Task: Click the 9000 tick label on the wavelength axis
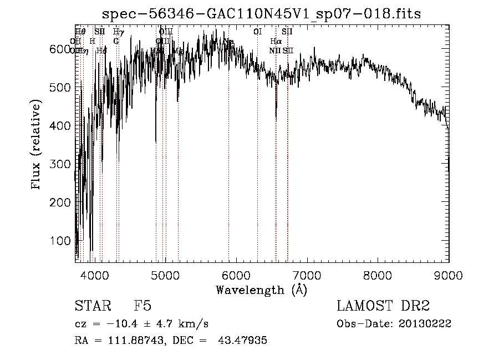[x=448, y=275]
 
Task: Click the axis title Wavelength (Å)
[x=262, y=290]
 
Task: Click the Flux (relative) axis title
[x=37, y=145]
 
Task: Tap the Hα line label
[x=276, y=41]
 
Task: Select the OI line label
[x=257, y=32]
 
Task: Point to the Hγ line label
[x=118, y=32]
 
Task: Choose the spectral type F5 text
[x=142, y=306]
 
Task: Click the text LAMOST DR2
[x=383, y=306]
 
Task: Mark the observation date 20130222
[x=427, y=324]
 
